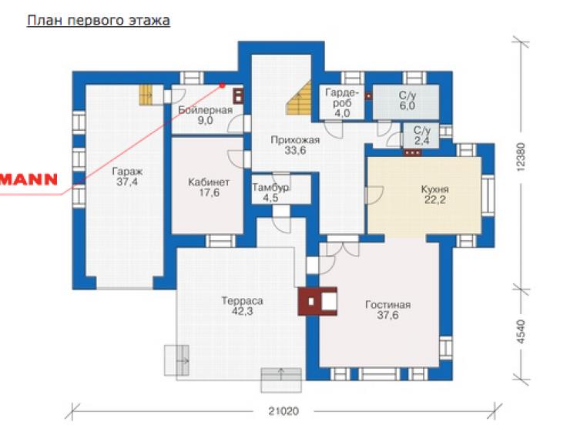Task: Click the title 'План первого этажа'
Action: point(99,21)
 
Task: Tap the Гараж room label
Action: point(127,171)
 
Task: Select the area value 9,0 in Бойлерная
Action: point(206,120)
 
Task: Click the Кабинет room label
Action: point(209,182)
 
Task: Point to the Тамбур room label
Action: point(271,187)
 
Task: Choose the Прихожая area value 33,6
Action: point(295,150)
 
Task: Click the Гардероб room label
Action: point(342,98)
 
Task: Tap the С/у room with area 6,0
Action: point(407,101)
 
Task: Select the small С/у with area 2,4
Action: point(421,136)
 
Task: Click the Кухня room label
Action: point(434,189)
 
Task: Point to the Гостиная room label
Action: point(388,304)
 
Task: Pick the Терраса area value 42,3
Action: point(243,311)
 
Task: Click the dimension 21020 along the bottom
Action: point(283,411)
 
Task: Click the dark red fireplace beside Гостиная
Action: point(317,301)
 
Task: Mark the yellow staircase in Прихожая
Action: point(300,99)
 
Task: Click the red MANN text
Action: point(28,179)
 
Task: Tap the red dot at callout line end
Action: point(222,85)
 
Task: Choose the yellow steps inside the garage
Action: point(146,95)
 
